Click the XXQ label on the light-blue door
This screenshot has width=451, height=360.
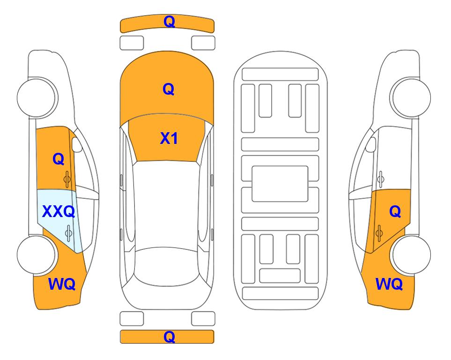pos(59,212)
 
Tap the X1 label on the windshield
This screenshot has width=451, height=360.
pos(169,138)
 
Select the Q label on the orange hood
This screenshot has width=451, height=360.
pos(169,89)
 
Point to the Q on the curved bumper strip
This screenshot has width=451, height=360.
pos(169,22)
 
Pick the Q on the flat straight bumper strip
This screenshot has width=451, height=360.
pos(169,337)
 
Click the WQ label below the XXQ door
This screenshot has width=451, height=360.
pos(62,284)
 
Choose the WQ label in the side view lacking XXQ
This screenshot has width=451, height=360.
pos(389,284)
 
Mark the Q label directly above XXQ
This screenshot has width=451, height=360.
pos(59,159)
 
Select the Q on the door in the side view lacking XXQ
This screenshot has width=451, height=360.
pos(395,212)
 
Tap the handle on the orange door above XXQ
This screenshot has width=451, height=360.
pos(67,180)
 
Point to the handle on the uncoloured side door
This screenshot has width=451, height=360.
pos(381,179)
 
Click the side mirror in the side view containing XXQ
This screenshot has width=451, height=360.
pos(76,144)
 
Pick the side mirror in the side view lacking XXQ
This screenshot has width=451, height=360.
pos(371,144)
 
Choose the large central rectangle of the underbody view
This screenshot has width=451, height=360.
pos(280,184)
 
